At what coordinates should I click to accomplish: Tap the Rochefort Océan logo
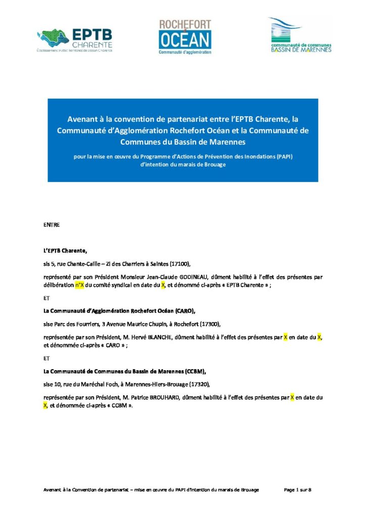(x=185, y=37)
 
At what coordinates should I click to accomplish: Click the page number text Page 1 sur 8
(x=297, y=490)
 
